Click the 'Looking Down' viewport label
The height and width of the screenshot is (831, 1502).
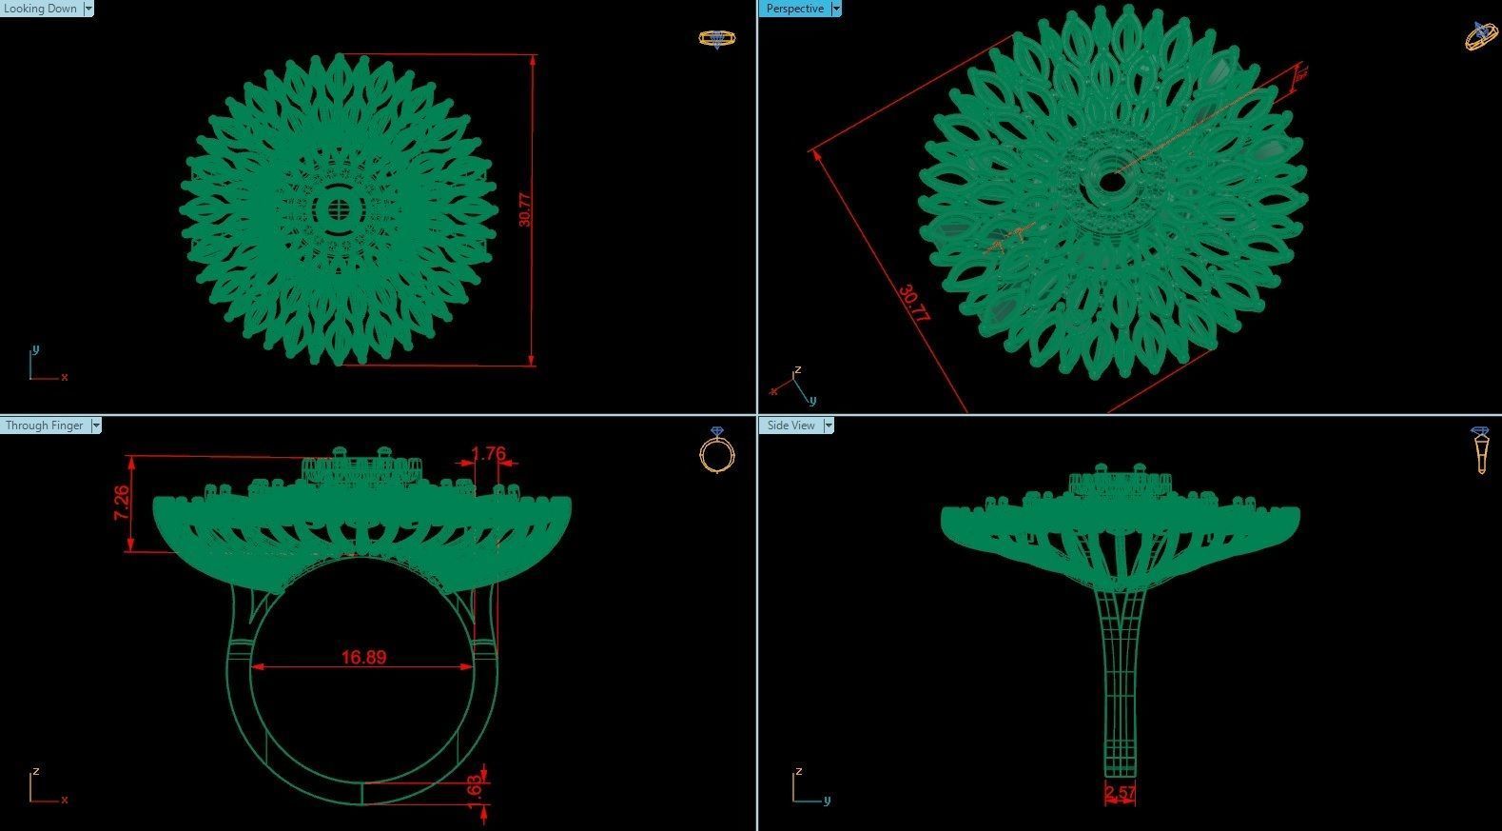tap(40, 9)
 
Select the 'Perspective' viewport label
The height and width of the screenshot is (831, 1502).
tap(794, 9)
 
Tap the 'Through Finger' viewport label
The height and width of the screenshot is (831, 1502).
tap(45, 425)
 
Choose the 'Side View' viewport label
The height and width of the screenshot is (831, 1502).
tap(790, 425)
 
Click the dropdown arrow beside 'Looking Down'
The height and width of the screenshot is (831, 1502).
tap(88, 9)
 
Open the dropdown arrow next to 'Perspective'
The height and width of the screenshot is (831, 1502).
tap(836, 9)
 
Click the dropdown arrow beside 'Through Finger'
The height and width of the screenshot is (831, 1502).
tap(96, 425)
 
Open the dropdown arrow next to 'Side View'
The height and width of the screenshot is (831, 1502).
tap(829, 425)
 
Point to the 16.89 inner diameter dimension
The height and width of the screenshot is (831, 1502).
tap(363, 657)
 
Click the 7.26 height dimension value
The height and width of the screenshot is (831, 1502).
tap(122, 503)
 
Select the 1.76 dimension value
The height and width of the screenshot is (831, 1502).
tap(488, 454)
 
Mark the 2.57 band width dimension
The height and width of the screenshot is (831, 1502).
tap(1120, 792)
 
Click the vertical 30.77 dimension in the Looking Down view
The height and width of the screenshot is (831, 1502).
tap(525, 209)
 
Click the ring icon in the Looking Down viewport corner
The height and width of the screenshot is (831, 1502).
tap(715, 39)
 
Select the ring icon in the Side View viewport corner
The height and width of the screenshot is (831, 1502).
tap(1481, 449)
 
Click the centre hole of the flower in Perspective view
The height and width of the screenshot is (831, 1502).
tap(1109, 181)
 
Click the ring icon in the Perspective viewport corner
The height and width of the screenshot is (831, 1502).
tap(1481, 35)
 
